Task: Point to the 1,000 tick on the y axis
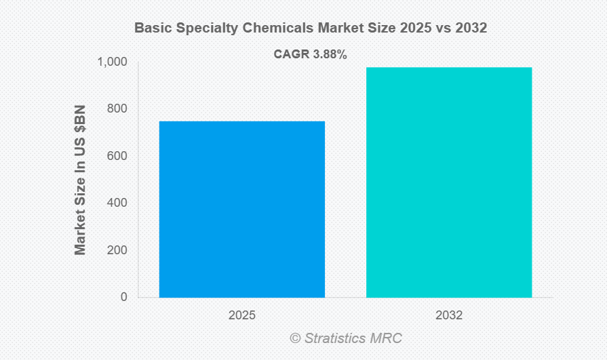click(113, 62)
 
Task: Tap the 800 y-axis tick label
click(117, 109)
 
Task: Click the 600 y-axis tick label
click(117, 156)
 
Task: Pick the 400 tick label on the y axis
click(117, 203)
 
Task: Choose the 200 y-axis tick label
click(117, 250)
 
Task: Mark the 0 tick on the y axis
click(124, 297)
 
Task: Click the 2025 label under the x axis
click(242, 315)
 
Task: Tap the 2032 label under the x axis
click(449, 315)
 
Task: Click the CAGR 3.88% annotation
click(310, 55)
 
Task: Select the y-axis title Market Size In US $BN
click(81, 179)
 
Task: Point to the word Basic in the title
click(151, 28)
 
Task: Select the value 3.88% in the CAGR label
click(329, 55)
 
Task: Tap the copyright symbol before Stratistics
click(295, 338)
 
